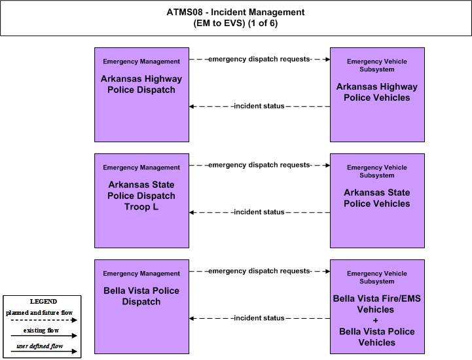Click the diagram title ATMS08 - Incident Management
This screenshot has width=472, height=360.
click(x=236, y=12)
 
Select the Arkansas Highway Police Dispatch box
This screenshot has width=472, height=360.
click(x=142, y=94)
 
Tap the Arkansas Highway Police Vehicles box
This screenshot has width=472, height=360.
click(x=377, y=94)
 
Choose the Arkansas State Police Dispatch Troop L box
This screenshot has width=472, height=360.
click(x=142, y=201)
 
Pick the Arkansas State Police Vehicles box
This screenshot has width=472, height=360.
click(x=377, y=201)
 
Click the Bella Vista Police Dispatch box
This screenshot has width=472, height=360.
click(x=142, y=307)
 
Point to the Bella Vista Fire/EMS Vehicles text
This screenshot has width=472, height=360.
click(x=377, y=304)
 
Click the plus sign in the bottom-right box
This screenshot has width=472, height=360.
click(x=375, y=321)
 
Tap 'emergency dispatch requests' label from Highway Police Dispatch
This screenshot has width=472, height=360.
click(x=259, y=59)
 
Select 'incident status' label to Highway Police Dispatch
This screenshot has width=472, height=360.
click(x=259, y=106)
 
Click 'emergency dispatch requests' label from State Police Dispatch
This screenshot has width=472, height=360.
click(x=259, y=165)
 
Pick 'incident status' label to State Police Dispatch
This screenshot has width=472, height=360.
click(x=259, y=212)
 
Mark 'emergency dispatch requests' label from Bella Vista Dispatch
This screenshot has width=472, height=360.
click(x=259, y=271)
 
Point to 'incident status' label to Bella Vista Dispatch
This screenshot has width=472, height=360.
click(x=259, y=318)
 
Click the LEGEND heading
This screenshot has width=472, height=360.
click(x=43, y=301)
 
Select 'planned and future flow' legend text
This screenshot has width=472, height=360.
click(x=39, y=313)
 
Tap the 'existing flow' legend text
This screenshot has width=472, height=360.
click(x=41, y=331)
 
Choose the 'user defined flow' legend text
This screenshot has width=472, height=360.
click(x=40, y=346)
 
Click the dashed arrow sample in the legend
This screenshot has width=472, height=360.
click(x=44, y=320)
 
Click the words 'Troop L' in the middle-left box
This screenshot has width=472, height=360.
click(x=141, y=207)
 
